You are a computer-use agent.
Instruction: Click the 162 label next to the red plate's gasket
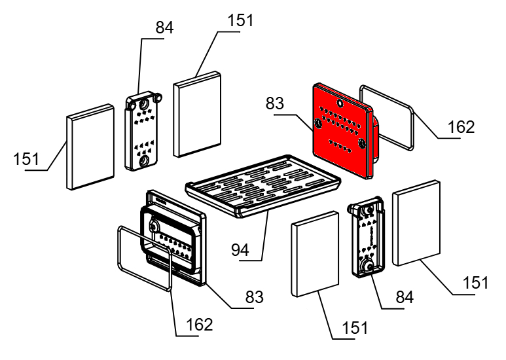coord(461,126)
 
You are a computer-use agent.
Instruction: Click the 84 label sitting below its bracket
coord(405,297)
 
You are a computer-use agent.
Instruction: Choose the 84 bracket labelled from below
coord(368,239)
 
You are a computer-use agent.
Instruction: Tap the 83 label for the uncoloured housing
coord(253,297)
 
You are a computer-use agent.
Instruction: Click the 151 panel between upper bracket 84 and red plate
coord(197,115)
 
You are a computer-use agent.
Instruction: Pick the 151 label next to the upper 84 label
coord(240,20)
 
